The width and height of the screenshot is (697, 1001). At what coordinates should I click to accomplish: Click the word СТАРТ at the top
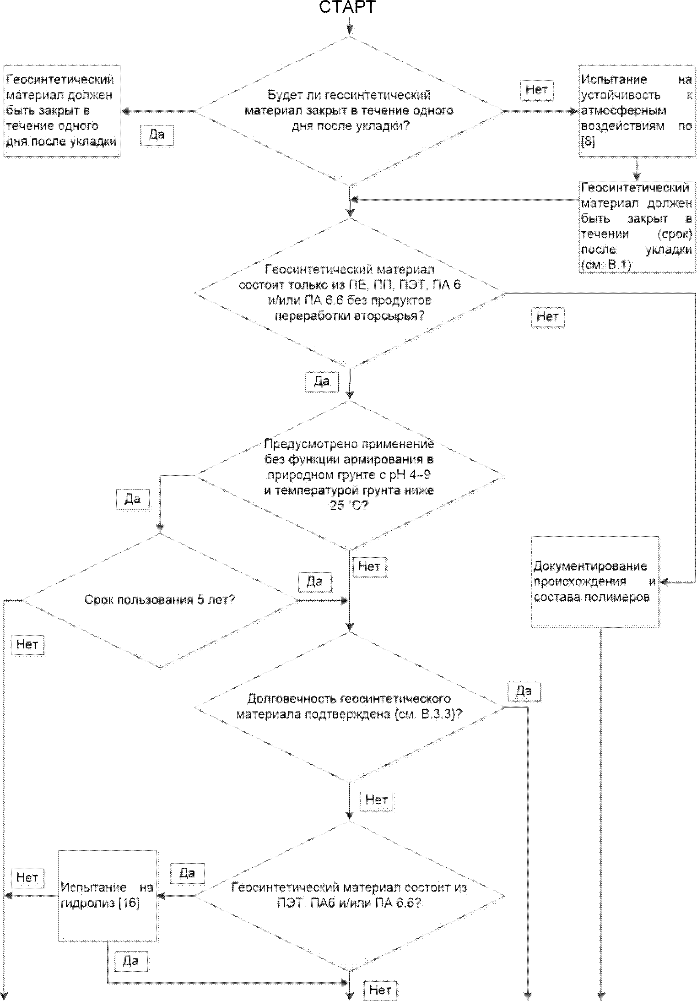coord(347,7)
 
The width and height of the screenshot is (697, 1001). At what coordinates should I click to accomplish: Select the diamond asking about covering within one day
coord(350,111)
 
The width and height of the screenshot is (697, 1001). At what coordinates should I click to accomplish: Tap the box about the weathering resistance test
coord(637,111)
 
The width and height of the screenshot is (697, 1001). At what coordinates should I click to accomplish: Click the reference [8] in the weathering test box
coord(588,142)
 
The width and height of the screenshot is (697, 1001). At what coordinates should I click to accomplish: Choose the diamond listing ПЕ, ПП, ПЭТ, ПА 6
coord(350,293)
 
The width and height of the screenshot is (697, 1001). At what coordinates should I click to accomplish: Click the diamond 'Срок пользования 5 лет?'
coord(160,600)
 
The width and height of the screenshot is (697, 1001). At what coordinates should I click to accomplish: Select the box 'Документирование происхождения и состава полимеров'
coord(595,582)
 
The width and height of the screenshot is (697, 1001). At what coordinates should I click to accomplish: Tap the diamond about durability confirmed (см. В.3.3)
coord(350,707)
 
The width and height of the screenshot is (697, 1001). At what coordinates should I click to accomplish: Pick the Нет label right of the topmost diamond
coord(537,89)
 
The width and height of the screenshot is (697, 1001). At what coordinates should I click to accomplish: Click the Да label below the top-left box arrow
coord(157,135)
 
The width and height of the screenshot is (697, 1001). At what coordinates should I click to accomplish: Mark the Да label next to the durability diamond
coord(524,691)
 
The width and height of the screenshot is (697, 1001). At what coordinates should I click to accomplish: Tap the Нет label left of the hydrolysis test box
coord(27,877)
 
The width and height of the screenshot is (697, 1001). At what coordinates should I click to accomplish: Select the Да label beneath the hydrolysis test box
coord(131,960)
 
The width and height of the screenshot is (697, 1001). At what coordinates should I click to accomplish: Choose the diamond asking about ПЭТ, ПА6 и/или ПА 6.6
coord(350,895)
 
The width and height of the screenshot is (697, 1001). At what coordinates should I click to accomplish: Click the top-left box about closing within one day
coord(62,111)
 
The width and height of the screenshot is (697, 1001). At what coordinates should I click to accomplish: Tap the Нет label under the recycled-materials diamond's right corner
coord(548,316)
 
